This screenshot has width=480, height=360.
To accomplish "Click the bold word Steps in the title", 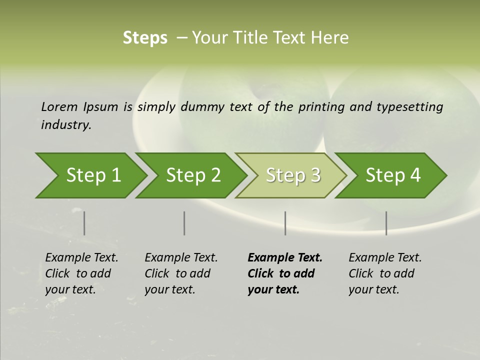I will pyautogui.click(x=145, y=38).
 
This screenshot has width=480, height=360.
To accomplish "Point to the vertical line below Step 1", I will pyautogui.click(x=84, y=223).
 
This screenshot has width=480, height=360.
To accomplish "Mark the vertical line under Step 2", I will pyautogui.click(x=184, y=223).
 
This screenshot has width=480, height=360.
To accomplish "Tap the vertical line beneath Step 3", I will pyautogui.click(x=285, y=223).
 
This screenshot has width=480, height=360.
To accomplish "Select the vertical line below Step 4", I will pyautogui.click(x=386, y=223).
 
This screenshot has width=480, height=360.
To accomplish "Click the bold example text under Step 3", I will pyautogui.click(x=285, y=273).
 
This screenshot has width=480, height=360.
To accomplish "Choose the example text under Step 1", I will pyautogui.click(x=81, y=273).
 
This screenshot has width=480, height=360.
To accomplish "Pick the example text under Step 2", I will pyautogui.click(x=181, y=273).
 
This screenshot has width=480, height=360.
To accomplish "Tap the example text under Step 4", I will pyautogui.click(x=385, y=273).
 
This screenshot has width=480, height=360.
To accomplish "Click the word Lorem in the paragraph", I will pyautogui.click(x=59, y=106).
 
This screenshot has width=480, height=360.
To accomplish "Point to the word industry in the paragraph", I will pyautogui.click(x=65, y=125).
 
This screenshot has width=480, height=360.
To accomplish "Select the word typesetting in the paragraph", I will pyautogui.click(x=409, y=106).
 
